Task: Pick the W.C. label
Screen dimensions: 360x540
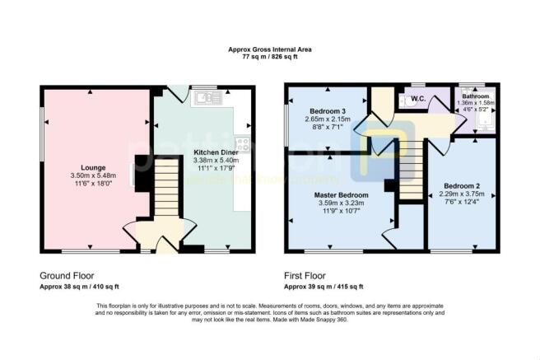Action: (x=417, y=101)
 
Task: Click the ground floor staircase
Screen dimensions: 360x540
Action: (x=166, y=189)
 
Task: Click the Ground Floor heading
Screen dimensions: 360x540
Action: (x=67, y=276)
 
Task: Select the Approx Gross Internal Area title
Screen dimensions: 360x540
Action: (x=269, y=49)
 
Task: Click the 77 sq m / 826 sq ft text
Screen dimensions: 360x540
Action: (x=269, y=57)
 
